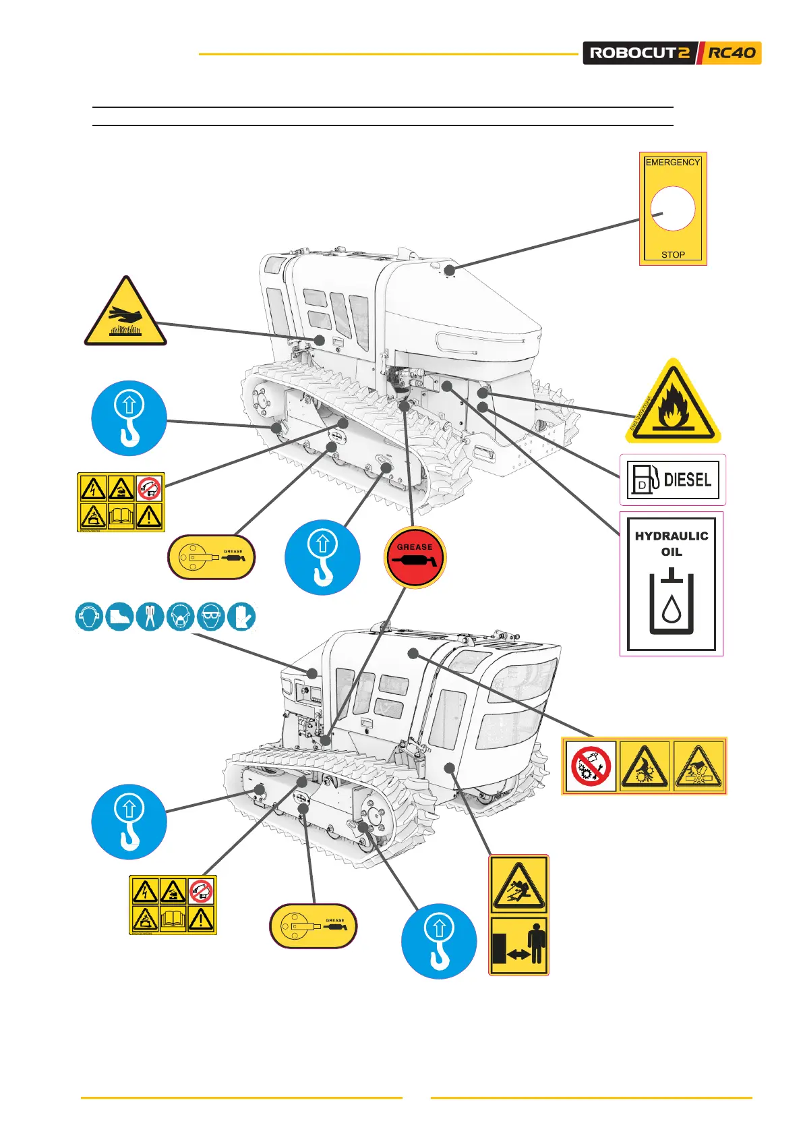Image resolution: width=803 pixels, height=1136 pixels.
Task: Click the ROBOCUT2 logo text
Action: [640, 53]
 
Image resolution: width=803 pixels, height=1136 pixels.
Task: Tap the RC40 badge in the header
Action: [732, 53]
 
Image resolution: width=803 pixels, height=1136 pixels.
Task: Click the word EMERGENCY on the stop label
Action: [672, 163]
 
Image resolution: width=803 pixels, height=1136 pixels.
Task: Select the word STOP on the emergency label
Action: [673, 255]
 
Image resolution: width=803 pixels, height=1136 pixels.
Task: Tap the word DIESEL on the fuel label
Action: [688, 480]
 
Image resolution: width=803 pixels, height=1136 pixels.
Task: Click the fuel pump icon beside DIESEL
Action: [644, 480]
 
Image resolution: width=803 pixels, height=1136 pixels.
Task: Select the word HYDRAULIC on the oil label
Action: [672, 536]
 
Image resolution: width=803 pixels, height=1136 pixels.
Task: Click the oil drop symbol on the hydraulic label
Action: [671, 610]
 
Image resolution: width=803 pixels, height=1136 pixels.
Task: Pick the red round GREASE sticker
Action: [415, 558]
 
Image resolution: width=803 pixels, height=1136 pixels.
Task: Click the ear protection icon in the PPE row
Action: [89, 617]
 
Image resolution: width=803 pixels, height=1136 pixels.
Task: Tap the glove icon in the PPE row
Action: [241, 617]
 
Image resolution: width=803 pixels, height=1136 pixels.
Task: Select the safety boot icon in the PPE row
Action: [120, 617]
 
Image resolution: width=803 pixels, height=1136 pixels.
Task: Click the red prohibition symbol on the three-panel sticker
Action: [591, 766]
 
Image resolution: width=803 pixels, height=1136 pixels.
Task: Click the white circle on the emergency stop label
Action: [672, 209]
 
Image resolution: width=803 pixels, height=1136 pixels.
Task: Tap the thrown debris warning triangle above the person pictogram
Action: [518, 884]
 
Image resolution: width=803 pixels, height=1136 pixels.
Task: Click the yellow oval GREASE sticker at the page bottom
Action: [314, 926]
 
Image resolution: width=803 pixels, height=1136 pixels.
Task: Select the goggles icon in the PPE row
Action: [211, 617]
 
